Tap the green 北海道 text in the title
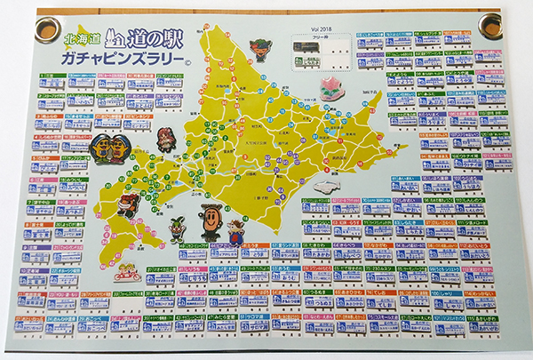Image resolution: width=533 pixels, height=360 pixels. (81, 39)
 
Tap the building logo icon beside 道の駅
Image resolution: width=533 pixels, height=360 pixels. (114, 38)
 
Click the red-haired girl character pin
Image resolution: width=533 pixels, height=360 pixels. (165, 140)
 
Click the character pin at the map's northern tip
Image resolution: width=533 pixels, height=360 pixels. (260, 48)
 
